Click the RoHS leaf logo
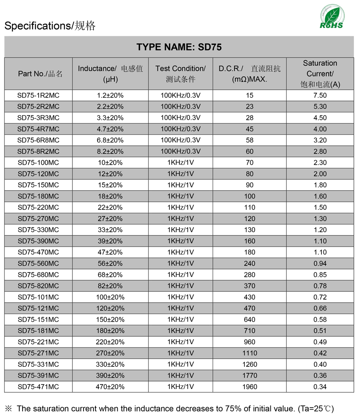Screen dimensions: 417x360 coord(332,17)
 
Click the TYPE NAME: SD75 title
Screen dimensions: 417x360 coord(179,47)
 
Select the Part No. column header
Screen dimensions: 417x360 coord(40,74)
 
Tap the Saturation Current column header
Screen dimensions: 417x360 coord(320,74)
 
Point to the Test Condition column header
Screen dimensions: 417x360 coord(180,74)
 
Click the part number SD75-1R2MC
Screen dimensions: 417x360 coord(38,96)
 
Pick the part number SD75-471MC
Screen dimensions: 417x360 coord(38,387)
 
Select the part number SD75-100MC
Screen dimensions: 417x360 coord(38,163)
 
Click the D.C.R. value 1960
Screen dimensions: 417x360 coord(250,387)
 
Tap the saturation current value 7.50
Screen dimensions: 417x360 coord(320,96)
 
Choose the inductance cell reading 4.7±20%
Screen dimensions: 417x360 coord(110,129)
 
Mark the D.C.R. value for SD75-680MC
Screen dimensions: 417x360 coord(250,275)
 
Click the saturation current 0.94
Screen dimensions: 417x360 coord(320,263)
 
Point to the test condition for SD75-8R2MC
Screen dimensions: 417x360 coord(180,151)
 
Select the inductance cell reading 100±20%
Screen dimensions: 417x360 coord(110,297)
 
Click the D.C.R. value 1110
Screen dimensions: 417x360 coord(250,353)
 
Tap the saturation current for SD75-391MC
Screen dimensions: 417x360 coord(320,375)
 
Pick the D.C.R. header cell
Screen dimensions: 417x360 coord(249,74)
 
